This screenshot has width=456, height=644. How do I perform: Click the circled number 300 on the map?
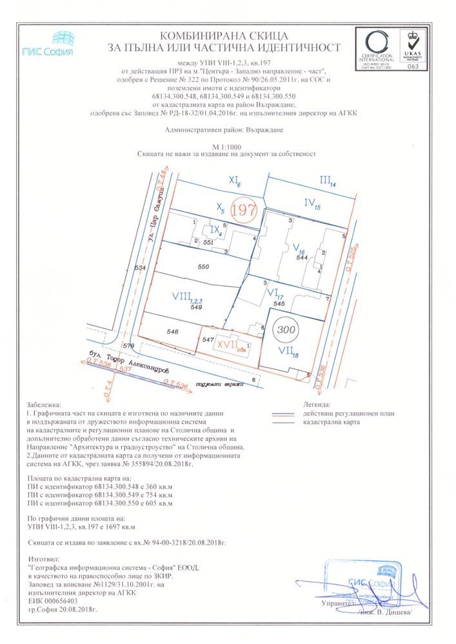[285, 328]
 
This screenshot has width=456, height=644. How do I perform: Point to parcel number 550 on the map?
[204, 265]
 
